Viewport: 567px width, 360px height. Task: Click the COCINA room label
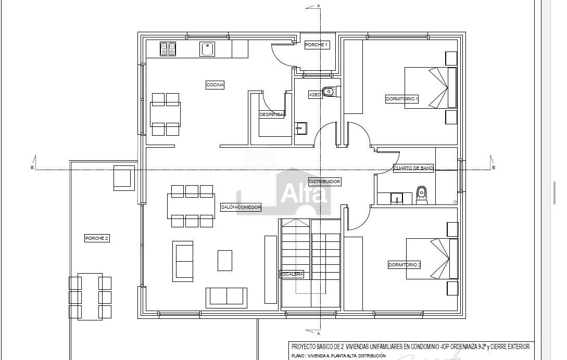point(215,85)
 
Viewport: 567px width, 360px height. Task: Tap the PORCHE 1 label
point(317,45)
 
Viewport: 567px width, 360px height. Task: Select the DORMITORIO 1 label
point(402,99)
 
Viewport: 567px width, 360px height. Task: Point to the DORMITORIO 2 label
point(404,265)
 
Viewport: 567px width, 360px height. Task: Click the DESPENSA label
point(272,114)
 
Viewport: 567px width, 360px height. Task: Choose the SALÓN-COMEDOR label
point(241,207)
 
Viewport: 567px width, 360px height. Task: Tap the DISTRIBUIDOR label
point(324,182)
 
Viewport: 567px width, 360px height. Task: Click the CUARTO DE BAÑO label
point(413,168)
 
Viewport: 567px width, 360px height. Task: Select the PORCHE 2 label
point(96,238)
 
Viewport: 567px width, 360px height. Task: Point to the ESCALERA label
point(292,274)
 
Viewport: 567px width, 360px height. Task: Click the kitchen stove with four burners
point(168,49)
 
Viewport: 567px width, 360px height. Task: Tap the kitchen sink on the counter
point(207,49)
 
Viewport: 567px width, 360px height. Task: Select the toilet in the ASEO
point(331,92)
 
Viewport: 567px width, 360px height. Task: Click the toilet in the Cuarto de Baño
point(421,195)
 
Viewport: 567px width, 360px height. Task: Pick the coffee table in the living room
point(224,261)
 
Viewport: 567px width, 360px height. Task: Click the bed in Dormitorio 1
point(431,87)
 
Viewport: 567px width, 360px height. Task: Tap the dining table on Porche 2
point(90,297)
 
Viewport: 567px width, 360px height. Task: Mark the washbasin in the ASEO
point(301,128)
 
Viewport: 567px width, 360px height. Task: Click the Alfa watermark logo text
point(304,194)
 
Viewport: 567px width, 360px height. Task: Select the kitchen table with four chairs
point(165,114)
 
